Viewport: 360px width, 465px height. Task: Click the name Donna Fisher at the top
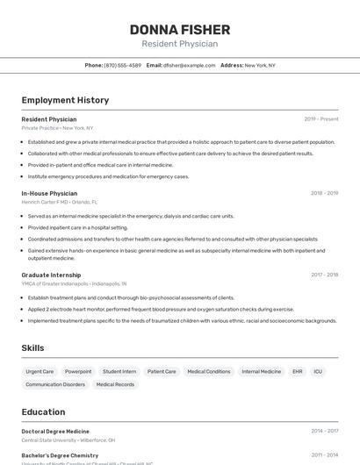tap(179, 30)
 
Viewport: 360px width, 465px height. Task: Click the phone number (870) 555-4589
tap(122, 65)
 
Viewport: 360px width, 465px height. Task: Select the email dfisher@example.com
tap(189, 65)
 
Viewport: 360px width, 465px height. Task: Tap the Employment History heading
tap(65, 100)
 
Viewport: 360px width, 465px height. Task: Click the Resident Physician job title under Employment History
tap(49, 118)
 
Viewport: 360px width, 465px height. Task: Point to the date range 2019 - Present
tap(320, 118)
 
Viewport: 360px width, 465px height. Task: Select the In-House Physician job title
tap(49, 193)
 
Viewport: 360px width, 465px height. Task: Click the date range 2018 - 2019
tap(324, 193)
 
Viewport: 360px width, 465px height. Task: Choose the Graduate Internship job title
tap(52, 275)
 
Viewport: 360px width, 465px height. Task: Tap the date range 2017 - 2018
tap(324, 275)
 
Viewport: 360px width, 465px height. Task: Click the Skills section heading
tap(32, 348)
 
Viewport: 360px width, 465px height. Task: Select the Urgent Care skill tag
tap(40, 372)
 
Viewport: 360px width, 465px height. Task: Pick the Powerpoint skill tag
tap(78, 372)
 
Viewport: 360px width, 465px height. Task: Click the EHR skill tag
tap(298, 372)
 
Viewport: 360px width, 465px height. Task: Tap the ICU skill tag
tap(318, 372)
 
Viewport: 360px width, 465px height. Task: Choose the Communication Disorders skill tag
tap(55, 384)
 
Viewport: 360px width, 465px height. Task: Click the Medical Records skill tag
tap(115, 384)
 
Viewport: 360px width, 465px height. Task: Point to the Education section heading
tap(43, 411)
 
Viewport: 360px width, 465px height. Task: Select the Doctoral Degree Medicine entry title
tap(55, 431)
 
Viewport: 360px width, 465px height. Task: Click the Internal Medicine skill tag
tap(262, 372)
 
